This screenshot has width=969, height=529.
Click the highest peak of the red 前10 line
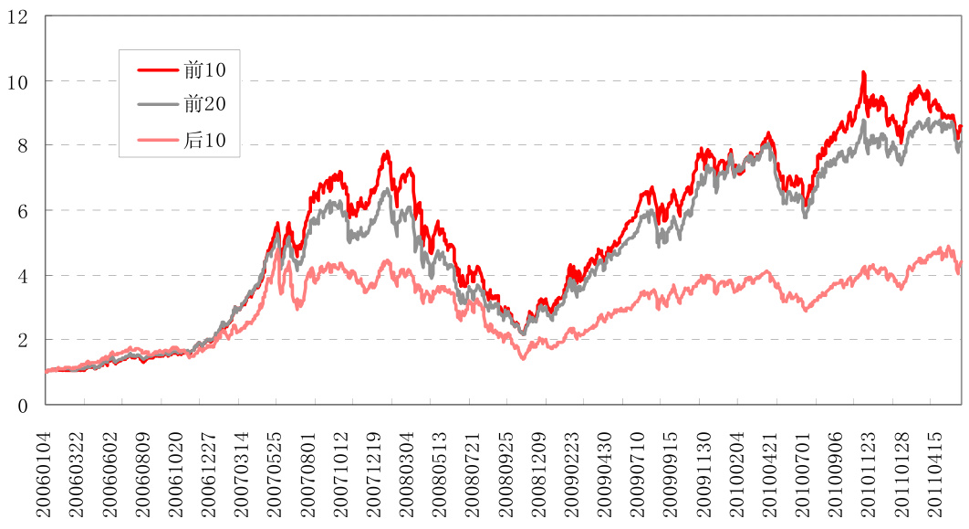point(863,72)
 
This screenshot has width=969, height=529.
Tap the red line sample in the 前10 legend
point(157,69)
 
